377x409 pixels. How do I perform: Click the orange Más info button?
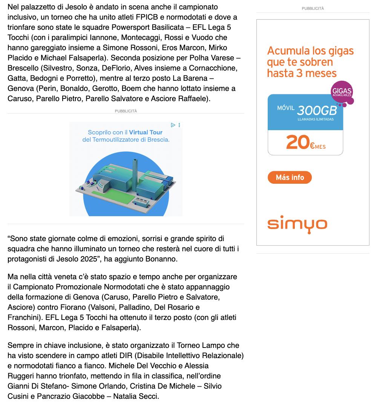290,177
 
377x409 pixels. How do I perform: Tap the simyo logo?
297,224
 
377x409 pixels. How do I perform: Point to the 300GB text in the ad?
317,111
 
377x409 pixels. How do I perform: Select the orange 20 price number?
298,142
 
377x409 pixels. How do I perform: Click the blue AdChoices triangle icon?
173,125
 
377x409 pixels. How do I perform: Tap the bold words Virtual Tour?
146,132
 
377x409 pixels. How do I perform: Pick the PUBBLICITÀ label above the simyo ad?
313,8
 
